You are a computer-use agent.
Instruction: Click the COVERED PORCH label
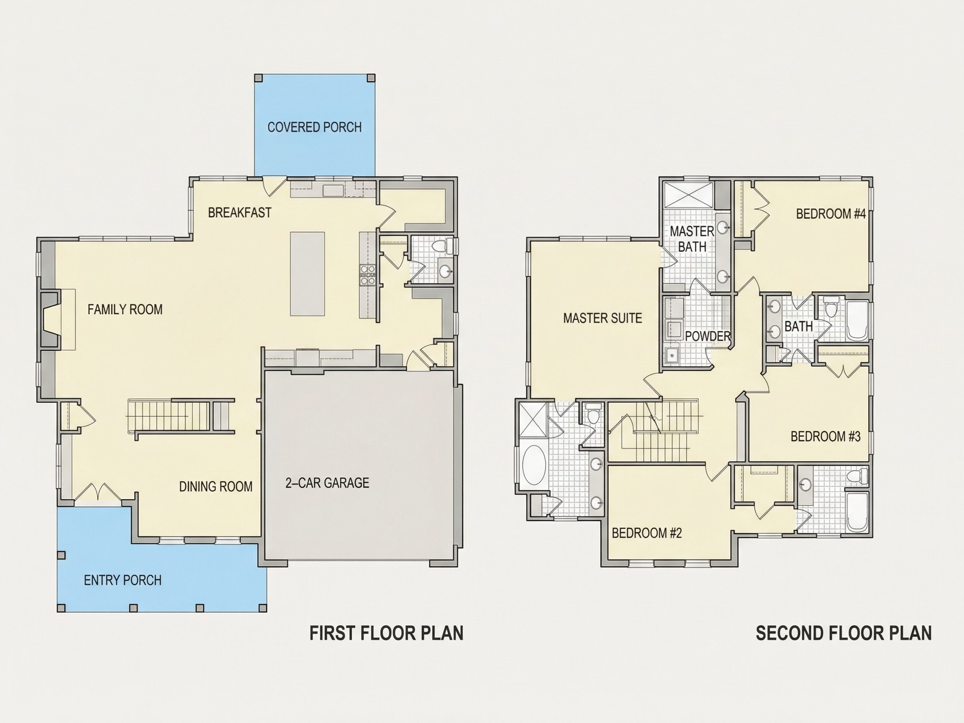coord(314,127)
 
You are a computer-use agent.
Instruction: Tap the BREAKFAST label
coord(239,213)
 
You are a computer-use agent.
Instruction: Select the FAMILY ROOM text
coord(125,310)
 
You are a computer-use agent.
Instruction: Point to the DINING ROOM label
coord(216,486)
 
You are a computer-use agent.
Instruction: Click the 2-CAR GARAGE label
coord(327,483)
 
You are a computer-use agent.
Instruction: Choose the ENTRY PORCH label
coord(123,580)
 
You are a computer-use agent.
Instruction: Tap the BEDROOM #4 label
coord(831,214)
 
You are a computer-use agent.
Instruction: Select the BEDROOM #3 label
coord(826,436)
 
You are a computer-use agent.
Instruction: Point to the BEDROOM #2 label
coord(647,533)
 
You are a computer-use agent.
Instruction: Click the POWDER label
coord(708,336)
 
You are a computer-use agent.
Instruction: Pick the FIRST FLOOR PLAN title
coord(386,633)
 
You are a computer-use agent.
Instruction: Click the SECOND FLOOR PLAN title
coord(844,633)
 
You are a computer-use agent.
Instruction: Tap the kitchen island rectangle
coord(307,274)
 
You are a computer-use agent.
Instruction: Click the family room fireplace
coord(51,319)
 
